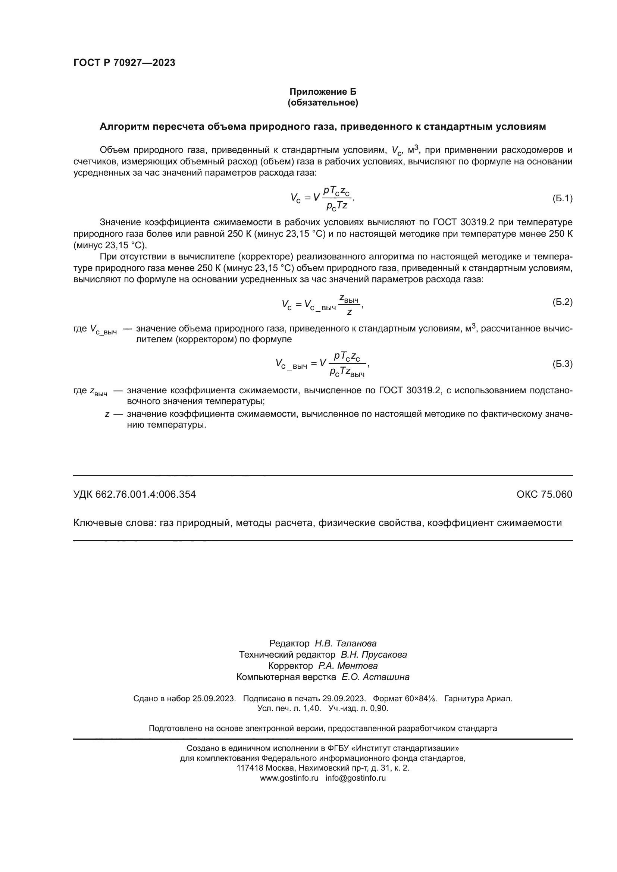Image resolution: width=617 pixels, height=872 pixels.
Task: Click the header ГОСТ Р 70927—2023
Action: click(124, 63)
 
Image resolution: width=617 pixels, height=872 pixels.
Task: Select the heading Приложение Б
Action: click(323, 92)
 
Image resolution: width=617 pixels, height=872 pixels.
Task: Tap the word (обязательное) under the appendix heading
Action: click(323, 103)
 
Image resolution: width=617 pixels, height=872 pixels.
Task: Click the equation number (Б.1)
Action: click(562, 198)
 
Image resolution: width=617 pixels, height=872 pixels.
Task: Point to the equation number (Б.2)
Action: click(562, 302)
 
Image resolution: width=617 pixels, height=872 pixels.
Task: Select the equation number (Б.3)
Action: click(562, 364)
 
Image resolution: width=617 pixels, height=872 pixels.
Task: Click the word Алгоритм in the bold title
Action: click(124, 127)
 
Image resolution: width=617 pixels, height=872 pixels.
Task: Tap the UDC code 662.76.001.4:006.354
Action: click(145, 494)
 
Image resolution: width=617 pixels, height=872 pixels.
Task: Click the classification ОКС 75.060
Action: click(544, 494)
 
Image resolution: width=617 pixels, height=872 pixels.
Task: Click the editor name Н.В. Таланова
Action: click(345, 643)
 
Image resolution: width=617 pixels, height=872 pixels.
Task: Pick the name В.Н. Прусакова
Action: click(373, 655)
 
